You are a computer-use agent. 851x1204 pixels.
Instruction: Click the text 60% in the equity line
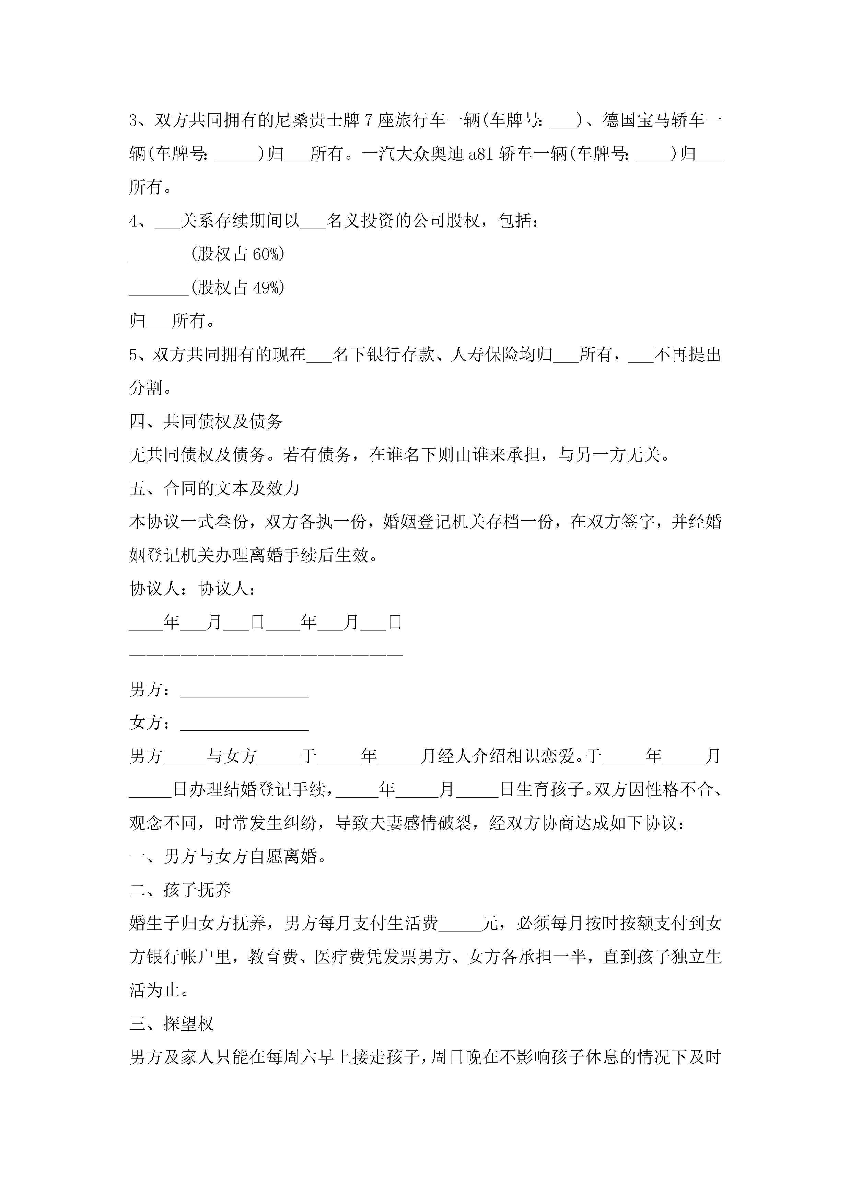pyautogui.click(x=266, y=254)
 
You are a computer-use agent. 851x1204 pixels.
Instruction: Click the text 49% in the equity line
pyautogui.click(x=266, y=287)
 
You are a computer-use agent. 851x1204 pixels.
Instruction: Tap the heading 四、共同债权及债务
pyautogui.click(x=206, y=421)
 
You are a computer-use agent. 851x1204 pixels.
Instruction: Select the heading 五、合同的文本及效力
pyautogui.click(x=214, y=488)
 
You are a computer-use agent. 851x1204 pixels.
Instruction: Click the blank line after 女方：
pyautogui.click(x=244, y=723)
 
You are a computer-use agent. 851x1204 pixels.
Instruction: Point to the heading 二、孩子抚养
pyautogui.click(x=180, y=890)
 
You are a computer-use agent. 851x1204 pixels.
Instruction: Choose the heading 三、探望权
pyautogui.click(x=172, y=1024)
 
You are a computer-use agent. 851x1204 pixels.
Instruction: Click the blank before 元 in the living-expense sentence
pyautogui.click(x=460, y=924)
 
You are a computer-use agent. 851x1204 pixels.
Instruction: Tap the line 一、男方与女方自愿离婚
pyautogui.click(x=228, y=857)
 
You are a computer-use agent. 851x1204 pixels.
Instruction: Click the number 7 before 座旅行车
pyautogui.click(x=368, y=120)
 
